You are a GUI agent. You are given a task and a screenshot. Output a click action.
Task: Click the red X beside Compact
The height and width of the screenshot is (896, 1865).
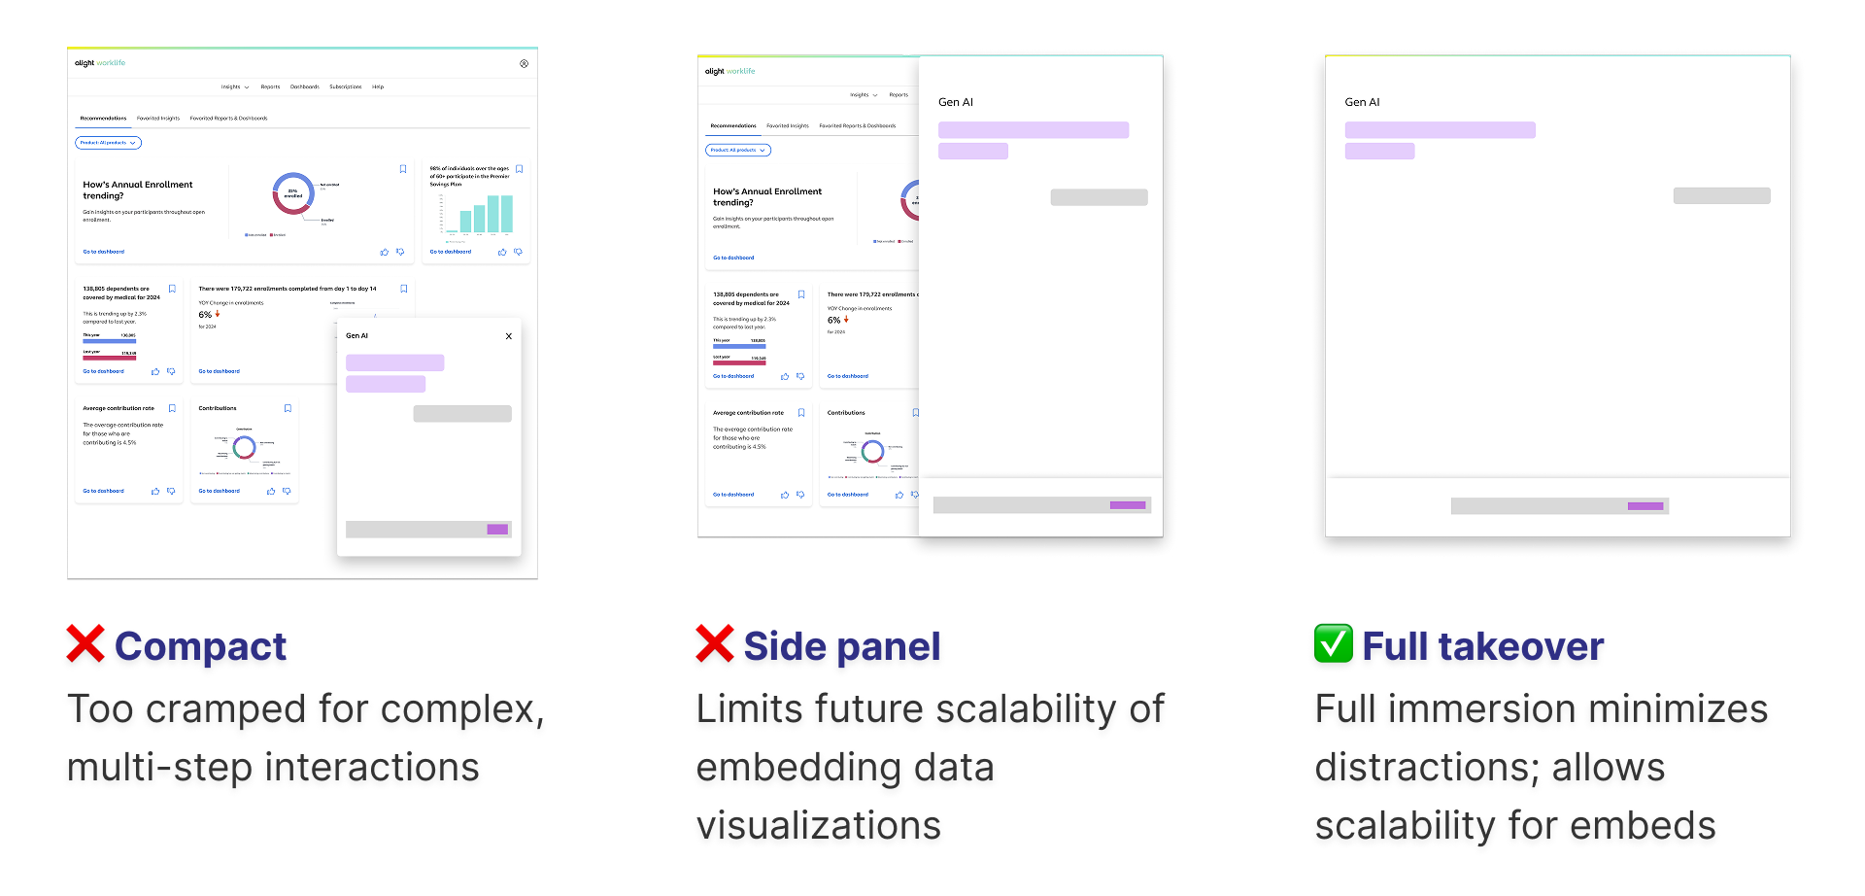(x=85, y=644)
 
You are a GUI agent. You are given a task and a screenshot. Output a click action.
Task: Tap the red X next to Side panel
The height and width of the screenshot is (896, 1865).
(x=715, y=644)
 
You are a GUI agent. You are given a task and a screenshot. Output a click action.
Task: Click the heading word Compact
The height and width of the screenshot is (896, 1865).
(x=200, y=646)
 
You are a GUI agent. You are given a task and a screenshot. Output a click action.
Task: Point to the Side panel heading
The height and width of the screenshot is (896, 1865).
(x=841, y=646)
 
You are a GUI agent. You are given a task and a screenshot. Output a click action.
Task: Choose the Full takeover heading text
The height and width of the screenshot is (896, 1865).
(x=1482, y=646)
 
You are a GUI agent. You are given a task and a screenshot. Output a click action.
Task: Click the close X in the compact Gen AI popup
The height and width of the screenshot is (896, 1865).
(x=509, y=336)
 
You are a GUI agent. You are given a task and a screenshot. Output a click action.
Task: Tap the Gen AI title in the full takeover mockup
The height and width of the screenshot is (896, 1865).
(x=1362, y=102)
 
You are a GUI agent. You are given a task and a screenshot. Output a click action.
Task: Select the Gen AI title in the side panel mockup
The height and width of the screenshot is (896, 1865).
(x=956, y=102)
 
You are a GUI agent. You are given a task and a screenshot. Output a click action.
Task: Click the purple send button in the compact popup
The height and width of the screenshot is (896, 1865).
(x=497, y=530)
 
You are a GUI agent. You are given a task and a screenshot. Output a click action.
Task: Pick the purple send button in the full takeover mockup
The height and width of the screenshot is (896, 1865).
(x=1645, y=506)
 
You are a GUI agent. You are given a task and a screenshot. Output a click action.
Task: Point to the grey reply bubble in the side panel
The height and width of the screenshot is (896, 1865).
(x=1099, y=197)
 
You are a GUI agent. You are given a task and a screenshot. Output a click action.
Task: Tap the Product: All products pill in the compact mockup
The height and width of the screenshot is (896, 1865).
(x=108, y=143)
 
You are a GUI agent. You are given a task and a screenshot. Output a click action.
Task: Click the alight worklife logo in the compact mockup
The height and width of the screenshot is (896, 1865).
(x=100, y=63)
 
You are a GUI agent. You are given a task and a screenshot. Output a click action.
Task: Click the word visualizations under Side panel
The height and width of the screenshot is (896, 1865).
(x=818, y=826)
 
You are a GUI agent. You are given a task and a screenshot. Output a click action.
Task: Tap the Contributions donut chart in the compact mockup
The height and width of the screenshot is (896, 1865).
(x=244, y=447)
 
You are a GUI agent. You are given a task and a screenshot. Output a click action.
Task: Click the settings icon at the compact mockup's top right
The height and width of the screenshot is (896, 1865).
(x=524, y=64)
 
